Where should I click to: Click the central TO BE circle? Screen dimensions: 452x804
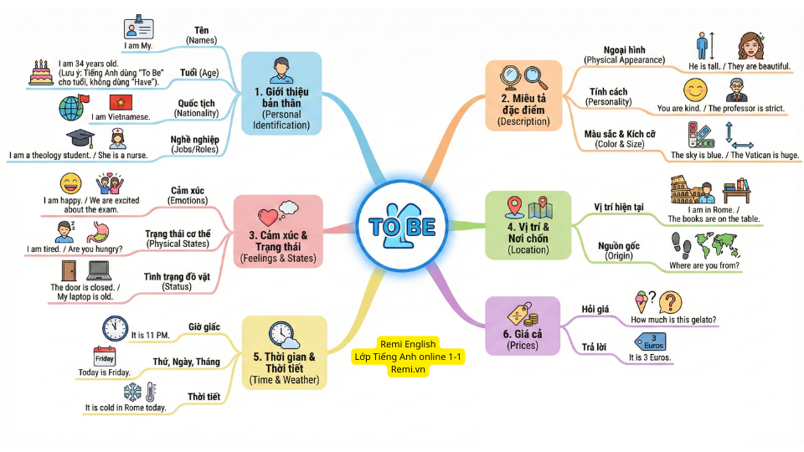coord(402,226)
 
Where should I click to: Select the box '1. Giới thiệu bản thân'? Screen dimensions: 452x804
coord(281,93)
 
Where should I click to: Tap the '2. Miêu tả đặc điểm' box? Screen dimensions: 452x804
coord(523,95)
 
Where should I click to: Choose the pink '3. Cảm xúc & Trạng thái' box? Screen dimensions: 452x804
coord(278,231)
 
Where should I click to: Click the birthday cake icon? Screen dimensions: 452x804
coord(40,73)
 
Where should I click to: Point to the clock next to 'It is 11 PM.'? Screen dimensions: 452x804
coord(115,329)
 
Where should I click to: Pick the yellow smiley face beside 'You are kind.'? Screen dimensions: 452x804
coord(694,90)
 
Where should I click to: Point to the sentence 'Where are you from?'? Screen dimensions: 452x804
coord(704,266)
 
